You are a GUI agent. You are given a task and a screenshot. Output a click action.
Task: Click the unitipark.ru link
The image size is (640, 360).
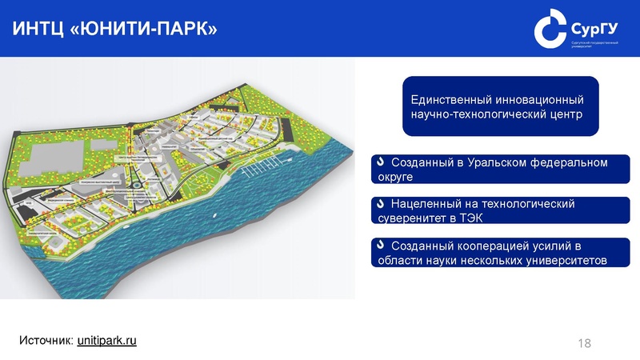coord(107,341)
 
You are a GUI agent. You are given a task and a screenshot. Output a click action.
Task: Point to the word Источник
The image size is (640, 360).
coord(46,341)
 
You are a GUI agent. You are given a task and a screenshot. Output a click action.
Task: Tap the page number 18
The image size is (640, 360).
coord(584,343)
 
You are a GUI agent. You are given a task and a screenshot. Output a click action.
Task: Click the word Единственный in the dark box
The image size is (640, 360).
coord(453,101)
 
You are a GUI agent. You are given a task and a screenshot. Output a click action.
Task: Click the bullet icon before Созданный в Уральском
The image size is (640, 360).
coord(381,163)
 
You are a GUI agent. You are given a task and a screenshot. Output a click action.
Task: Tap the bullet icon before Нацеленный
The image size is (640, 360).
coord(381,205)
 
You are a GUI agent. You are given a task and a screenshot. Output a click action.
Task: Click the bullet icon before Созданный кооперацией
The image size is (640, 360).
coord(381,245)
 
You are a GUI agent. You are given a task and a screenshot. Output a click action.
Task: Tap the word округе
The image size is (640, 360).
coord(394,177)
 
